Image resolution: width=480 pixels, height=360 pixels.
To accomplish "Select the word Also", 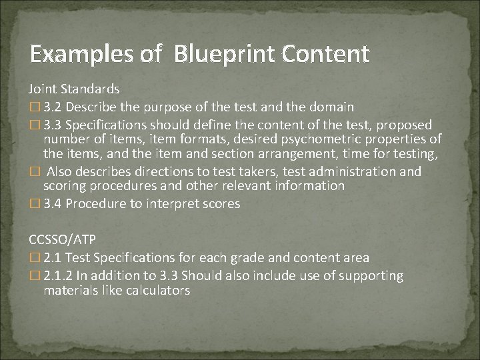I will tap(62, 171).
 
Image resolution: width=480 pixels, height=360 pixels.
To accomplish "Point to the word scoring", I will tap(65, 187).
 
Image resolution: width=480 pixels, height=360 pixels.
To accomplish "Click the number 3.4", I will tap(53, 204).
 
